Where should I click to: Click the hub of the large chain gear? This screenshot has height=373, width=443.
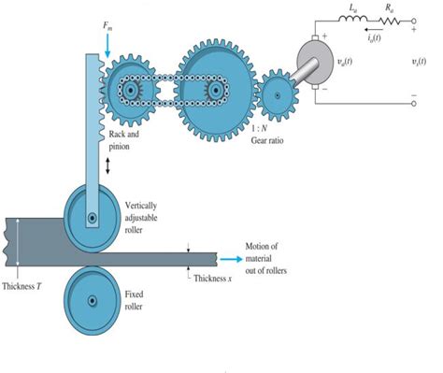point(217,90)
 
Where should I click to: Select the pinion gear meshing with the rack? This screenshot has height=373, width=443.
point(131,91)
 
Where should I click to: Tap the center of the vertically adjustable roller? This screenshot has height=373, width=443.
point(91,218)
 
